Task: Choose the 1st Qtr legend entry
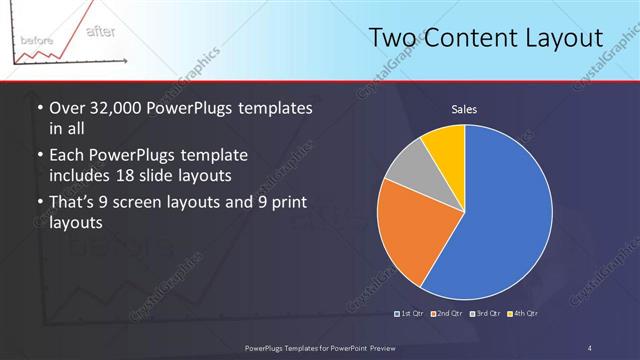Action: (410, 314)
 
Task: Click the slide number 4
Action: (590, 347)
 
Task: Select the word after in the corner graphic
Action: (100, 30)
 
